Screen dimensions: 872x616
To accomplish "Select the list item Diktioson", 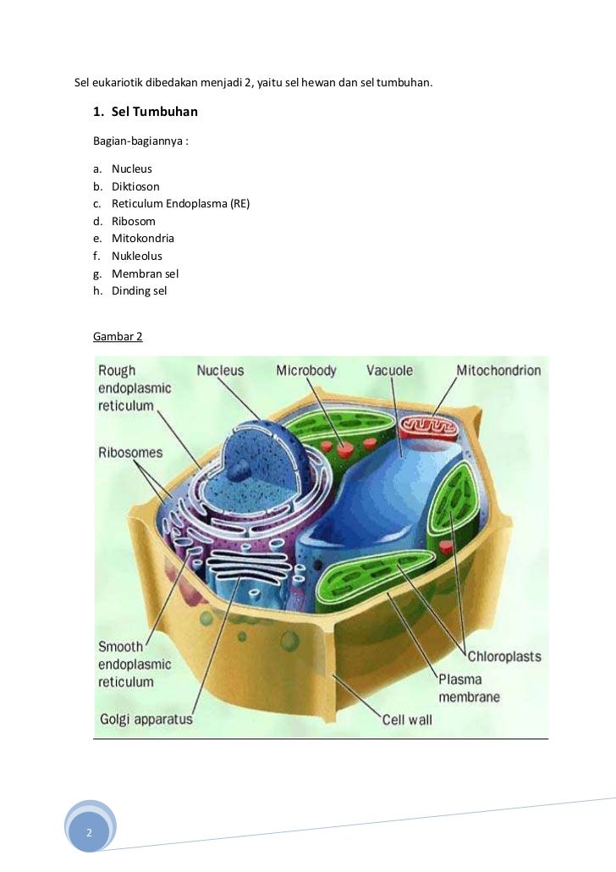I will tap(135, 186).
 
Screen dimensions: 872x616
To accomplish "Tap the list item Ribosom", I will tap(133, 221).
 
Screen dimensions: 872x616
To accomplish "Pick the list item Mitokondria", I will tap(142, 239).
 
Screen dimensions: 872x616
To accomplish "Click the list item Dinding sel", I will tap(139, 290).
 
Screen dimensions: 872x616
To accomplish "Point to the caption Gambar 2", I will tap(118, 336).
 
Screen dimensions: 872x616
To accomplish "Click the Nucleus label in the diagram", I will tap(220, 370).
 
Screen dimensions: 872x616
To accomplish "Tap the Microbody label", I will tap(306, 370).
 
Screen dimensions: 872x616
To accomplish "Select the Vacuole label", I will tap(389, 370).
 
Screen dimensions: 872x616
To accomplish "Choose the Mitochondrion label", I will tap(498, 370).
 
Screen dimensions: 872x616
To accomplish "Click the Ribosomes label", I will tap(130, 452).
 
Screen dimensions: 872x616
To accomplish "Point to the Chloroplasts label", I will tap(504, 656).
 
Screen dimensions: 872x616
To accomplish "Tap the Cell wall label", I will tap(407, 720).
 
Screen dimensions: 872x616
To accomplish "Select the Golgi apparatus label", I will tap(146, 720).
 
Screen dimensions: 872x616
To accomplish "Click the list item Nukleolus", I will tap(136, 256).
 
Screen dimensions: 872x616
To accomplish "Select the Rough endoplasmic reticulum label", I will tap(135, 388).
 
